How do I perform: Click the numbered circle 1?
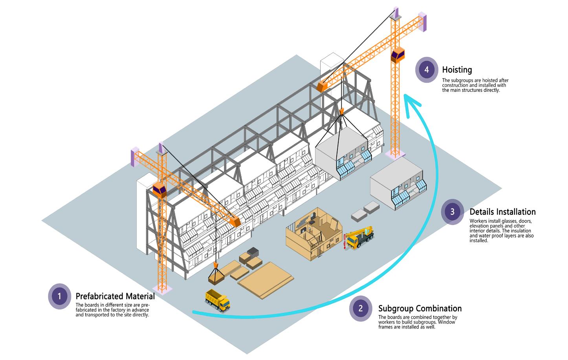pos(59,296)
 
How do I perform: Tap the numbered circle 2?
pos(361,308)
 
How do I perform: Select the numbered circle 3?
pos(452,212)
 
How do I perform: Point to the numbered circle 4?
pos(427,70)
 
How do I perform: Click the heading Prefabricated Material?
pos(115,296)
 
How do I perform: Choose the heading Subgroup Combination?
pos(420,308)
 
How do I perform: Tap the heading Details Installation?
pos(502,212)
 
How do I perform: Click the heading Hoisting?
pos(457,70)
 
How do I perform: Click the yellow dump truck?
pos(217,300)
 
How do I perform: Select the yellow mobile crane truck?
pos(359,237)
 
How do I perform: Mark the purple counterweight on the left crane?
pos(134,157)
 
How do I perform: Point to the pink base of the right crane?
pos(395,155)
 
